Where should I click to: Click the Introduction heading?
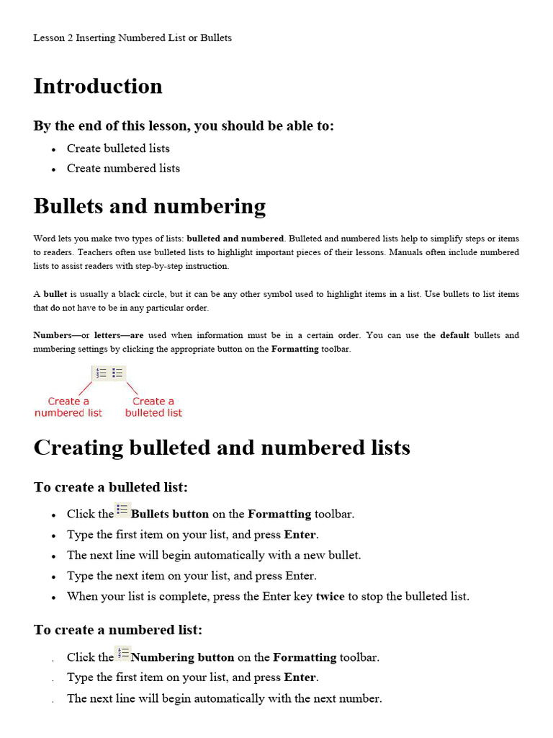98,86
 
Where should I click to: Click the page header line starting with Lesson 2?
132,37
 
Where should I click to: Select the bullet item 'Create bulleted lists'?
118,148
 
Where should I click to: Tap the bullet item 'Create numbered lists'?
123,169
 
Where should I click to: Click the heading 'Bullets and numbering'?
149,207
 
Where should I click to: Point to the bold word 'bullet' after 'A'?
55,294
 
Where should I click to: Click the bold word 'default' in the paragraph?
454,335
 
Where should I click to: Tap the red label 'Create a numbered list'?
68,407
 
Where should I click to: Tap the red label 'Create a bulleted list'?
153,407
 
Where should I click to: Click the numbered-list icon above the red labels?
101,373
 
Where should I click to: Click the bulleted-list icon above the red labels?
118,373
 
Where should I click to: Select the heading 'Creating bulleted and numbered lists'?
222,448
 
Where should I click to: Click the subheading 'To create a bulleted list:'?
110,487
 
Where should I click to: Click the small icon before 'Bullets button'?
122,510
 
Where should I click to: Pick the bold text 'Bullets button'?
170,514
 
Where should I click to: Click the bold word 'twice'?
330,597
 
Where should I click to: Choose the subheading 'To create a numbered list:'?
118,630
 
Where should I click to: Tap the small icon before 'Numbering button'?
122,654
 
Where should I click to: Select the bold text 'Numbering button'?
183,657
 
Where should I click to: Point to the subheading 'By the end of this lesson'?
184,126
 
